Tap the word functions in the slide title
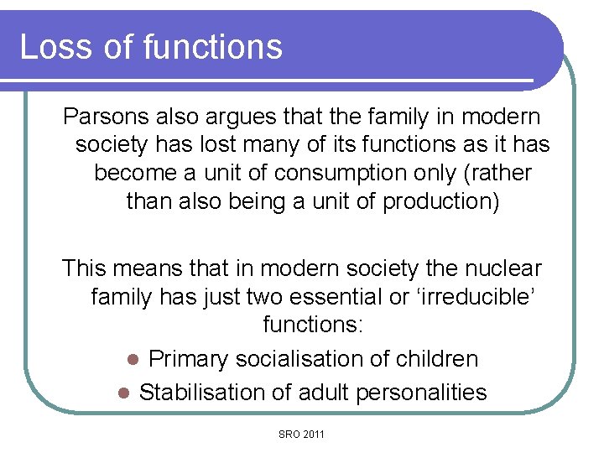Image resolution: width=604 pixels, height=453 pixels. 212,46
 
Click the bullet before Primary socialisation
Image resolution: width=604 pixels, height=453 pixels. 132,360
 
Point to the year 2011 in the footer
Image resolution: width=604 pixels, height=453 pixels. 313,434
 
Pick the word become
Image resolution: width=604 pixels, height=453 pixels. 130,173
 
